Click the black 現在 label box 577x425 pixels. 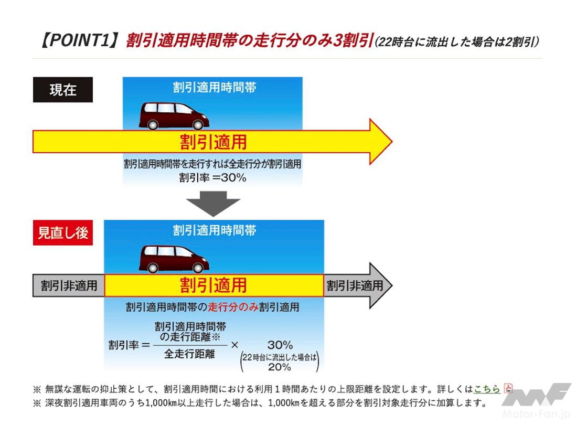click(x=63, y=90)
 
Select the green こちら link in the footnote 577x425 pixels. click(x=487, y=389)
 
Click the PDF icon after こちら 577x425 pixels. click(x=508, y=388)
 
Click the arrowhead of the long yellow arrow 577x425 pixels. click(x=379, y=142)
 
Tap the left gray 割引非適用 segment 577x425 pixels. click(x=69, y=285)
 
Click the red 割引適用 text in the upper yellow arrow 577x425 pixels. click(x=213, y=142)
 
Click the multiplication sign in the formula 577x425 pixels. click(x=234, y=345)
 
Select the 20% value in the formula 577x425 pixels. click(x=279, y=367)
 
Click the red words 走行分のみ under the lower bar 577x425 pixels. click(x=233, y=307)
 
